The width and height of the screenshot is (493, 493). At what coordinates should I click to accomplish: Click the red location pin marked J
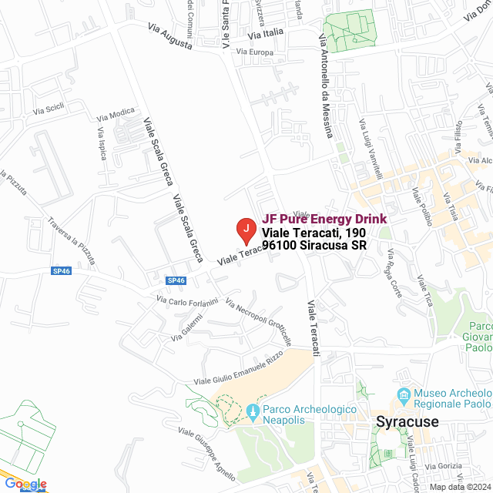245,228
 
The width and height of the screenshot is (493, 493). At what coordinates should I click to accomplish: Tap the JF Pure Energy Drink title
324,219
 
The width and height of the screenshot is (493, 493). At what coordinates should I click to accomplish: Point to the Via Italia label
266,35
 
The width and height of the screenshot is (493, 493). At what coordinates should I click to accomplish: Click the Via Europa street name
255,52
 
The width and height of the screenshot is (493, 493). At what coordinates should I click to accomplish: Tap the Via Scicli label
48,110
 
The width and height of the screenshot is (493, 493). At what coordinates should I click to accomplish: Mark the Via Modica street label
116,116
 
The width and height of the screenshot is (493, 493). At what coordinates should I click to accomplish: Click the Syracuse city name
407,421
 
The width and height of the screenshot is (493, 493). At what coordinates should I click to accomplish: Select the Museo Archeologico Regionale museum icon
404,397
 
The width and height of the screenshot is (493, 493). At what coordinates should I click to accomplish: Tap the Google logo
25,484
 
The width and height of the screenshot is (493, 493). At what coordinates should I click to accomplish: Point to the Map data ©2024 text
459,487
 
